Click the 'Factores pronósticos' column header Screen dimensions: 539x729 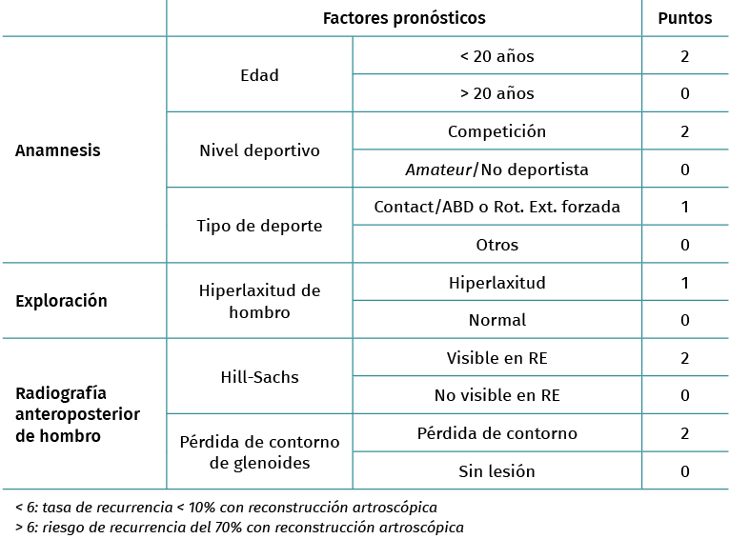click(x=403, y=18)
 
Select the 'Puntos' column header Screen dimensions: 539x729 click(x=684, y=18)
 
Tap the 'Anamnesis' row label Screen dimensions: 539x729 click(x=58, y=150)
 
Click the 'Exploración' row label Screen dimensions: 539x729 click(x=61, y=301)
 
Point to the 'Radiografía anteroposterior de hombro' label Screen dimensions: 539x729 click(x=77, y=414)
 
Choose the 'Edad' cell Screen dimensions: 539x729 click(x=259, y=74)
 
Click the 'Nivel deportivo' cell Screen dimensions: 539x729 click(x=259, y=150)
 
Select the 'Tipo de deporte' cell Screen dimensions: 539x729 click(x=259, y=226)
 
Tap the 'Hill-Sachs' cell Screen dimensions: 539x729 click(x=259, y=377)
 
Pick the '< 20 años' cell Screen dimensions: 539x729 click(x=496, y=56)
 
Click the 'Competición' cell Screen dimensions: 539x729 click(x=496, y=131)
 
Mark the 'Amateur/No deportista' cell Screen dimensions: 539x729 click(x=496, y=170)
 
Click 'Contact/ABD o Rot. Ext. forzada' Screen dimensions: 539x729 click(x=496, y=207)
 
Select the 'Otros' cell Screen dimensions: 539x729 click(x=496, y=245)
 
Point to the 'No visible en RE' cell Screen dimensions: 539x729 click(x=496, y=395)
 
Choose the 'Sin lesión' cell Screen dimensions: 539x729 click(x=496, y=470)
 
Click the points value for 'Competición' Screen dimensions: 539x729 click(x=684, y=131)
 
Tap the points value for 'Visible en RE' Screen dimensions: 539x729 click(x=684, y=358)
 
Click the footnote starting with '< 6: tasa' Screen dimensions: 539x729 click(x=226, y=507)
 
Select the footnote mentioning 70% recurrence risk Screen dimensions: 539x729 click(x=239, y=527)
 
